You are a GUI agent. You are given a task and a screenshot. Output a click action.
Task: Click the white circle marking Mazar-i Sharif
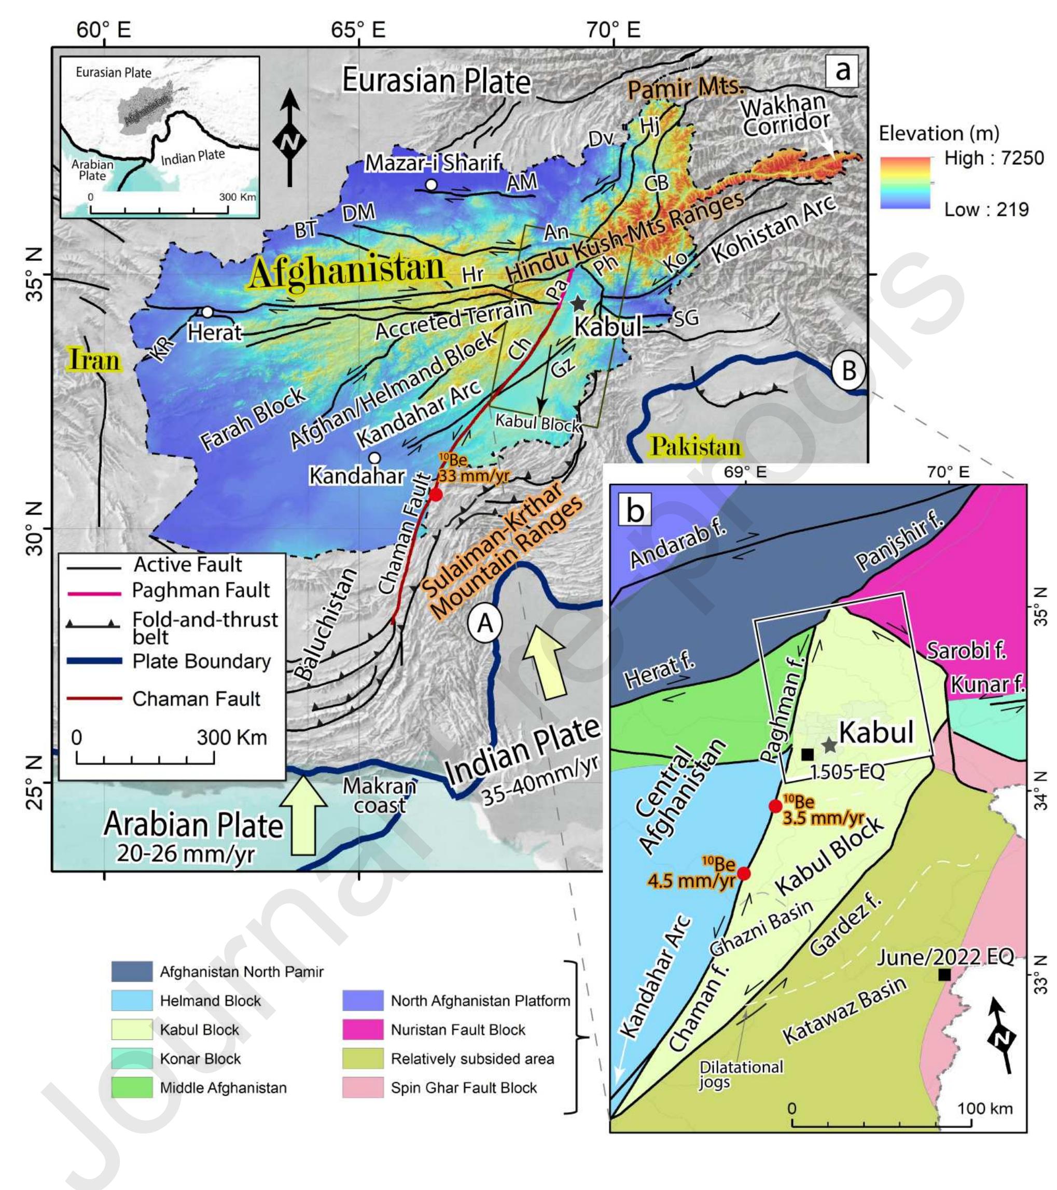(431, 185)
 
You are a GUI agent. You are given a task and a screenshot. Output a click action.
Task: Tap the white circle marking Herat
(207, 312)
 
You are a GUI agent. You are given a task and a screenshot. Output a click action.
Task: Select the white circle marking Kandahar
(374, 458)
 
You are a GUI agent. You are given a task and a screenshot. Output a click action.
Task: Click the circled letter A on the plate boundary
(484, 624)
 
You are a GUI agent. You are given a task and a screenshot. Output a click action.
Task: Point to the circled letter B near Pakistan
(849, 370)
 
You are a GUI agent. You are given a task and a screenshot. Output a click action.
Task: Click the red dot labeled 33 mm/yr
(436, 495)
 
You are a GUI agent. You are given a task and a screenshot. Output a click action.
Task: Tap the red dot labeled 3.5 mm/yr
(775, 806)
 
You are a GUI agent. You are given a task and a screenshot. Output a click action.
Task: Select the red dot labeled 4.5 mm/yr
(744, 873)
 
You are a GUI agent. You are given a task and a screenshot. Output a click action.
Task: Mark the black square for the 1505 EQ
(807, 754)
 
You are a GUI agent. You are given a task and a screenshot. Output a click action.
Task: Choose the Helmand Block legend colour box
(132, 1000)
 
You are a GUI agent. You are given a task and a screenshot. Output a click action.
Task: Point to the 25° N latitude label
(36, 783)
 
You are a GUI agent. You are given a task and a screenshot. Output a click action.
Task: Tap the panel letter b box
(635, 510)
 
